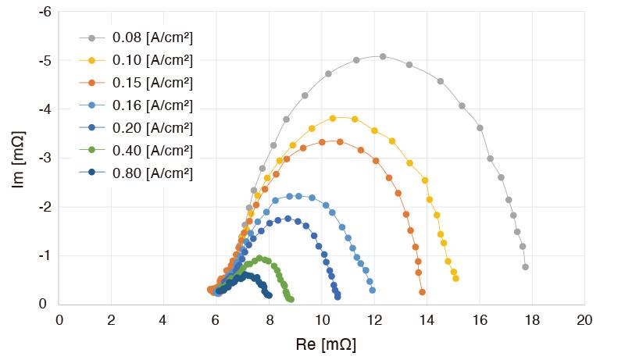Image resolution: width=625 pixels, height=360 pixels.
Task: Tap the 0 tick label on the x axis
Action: [x=59, y=319]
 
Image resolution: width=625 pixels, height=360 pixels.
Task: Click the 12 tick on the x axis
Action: [x=374, y=319]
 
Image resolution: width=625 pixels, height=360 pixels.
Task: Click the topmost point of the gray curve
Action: [x=383, y=56]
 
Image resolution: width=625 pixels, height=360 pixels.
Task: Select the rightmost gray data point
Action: [x=525, y=267]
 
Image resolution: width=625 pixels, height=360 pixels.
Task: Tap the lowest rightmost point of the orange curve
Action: [x=422, y=292]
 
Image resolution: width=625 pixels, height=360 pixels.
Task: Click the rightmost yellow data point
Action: [x=455, y=278]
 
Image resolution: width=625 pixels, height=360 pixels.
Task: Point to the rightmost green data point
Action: [x=291, y=299]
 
